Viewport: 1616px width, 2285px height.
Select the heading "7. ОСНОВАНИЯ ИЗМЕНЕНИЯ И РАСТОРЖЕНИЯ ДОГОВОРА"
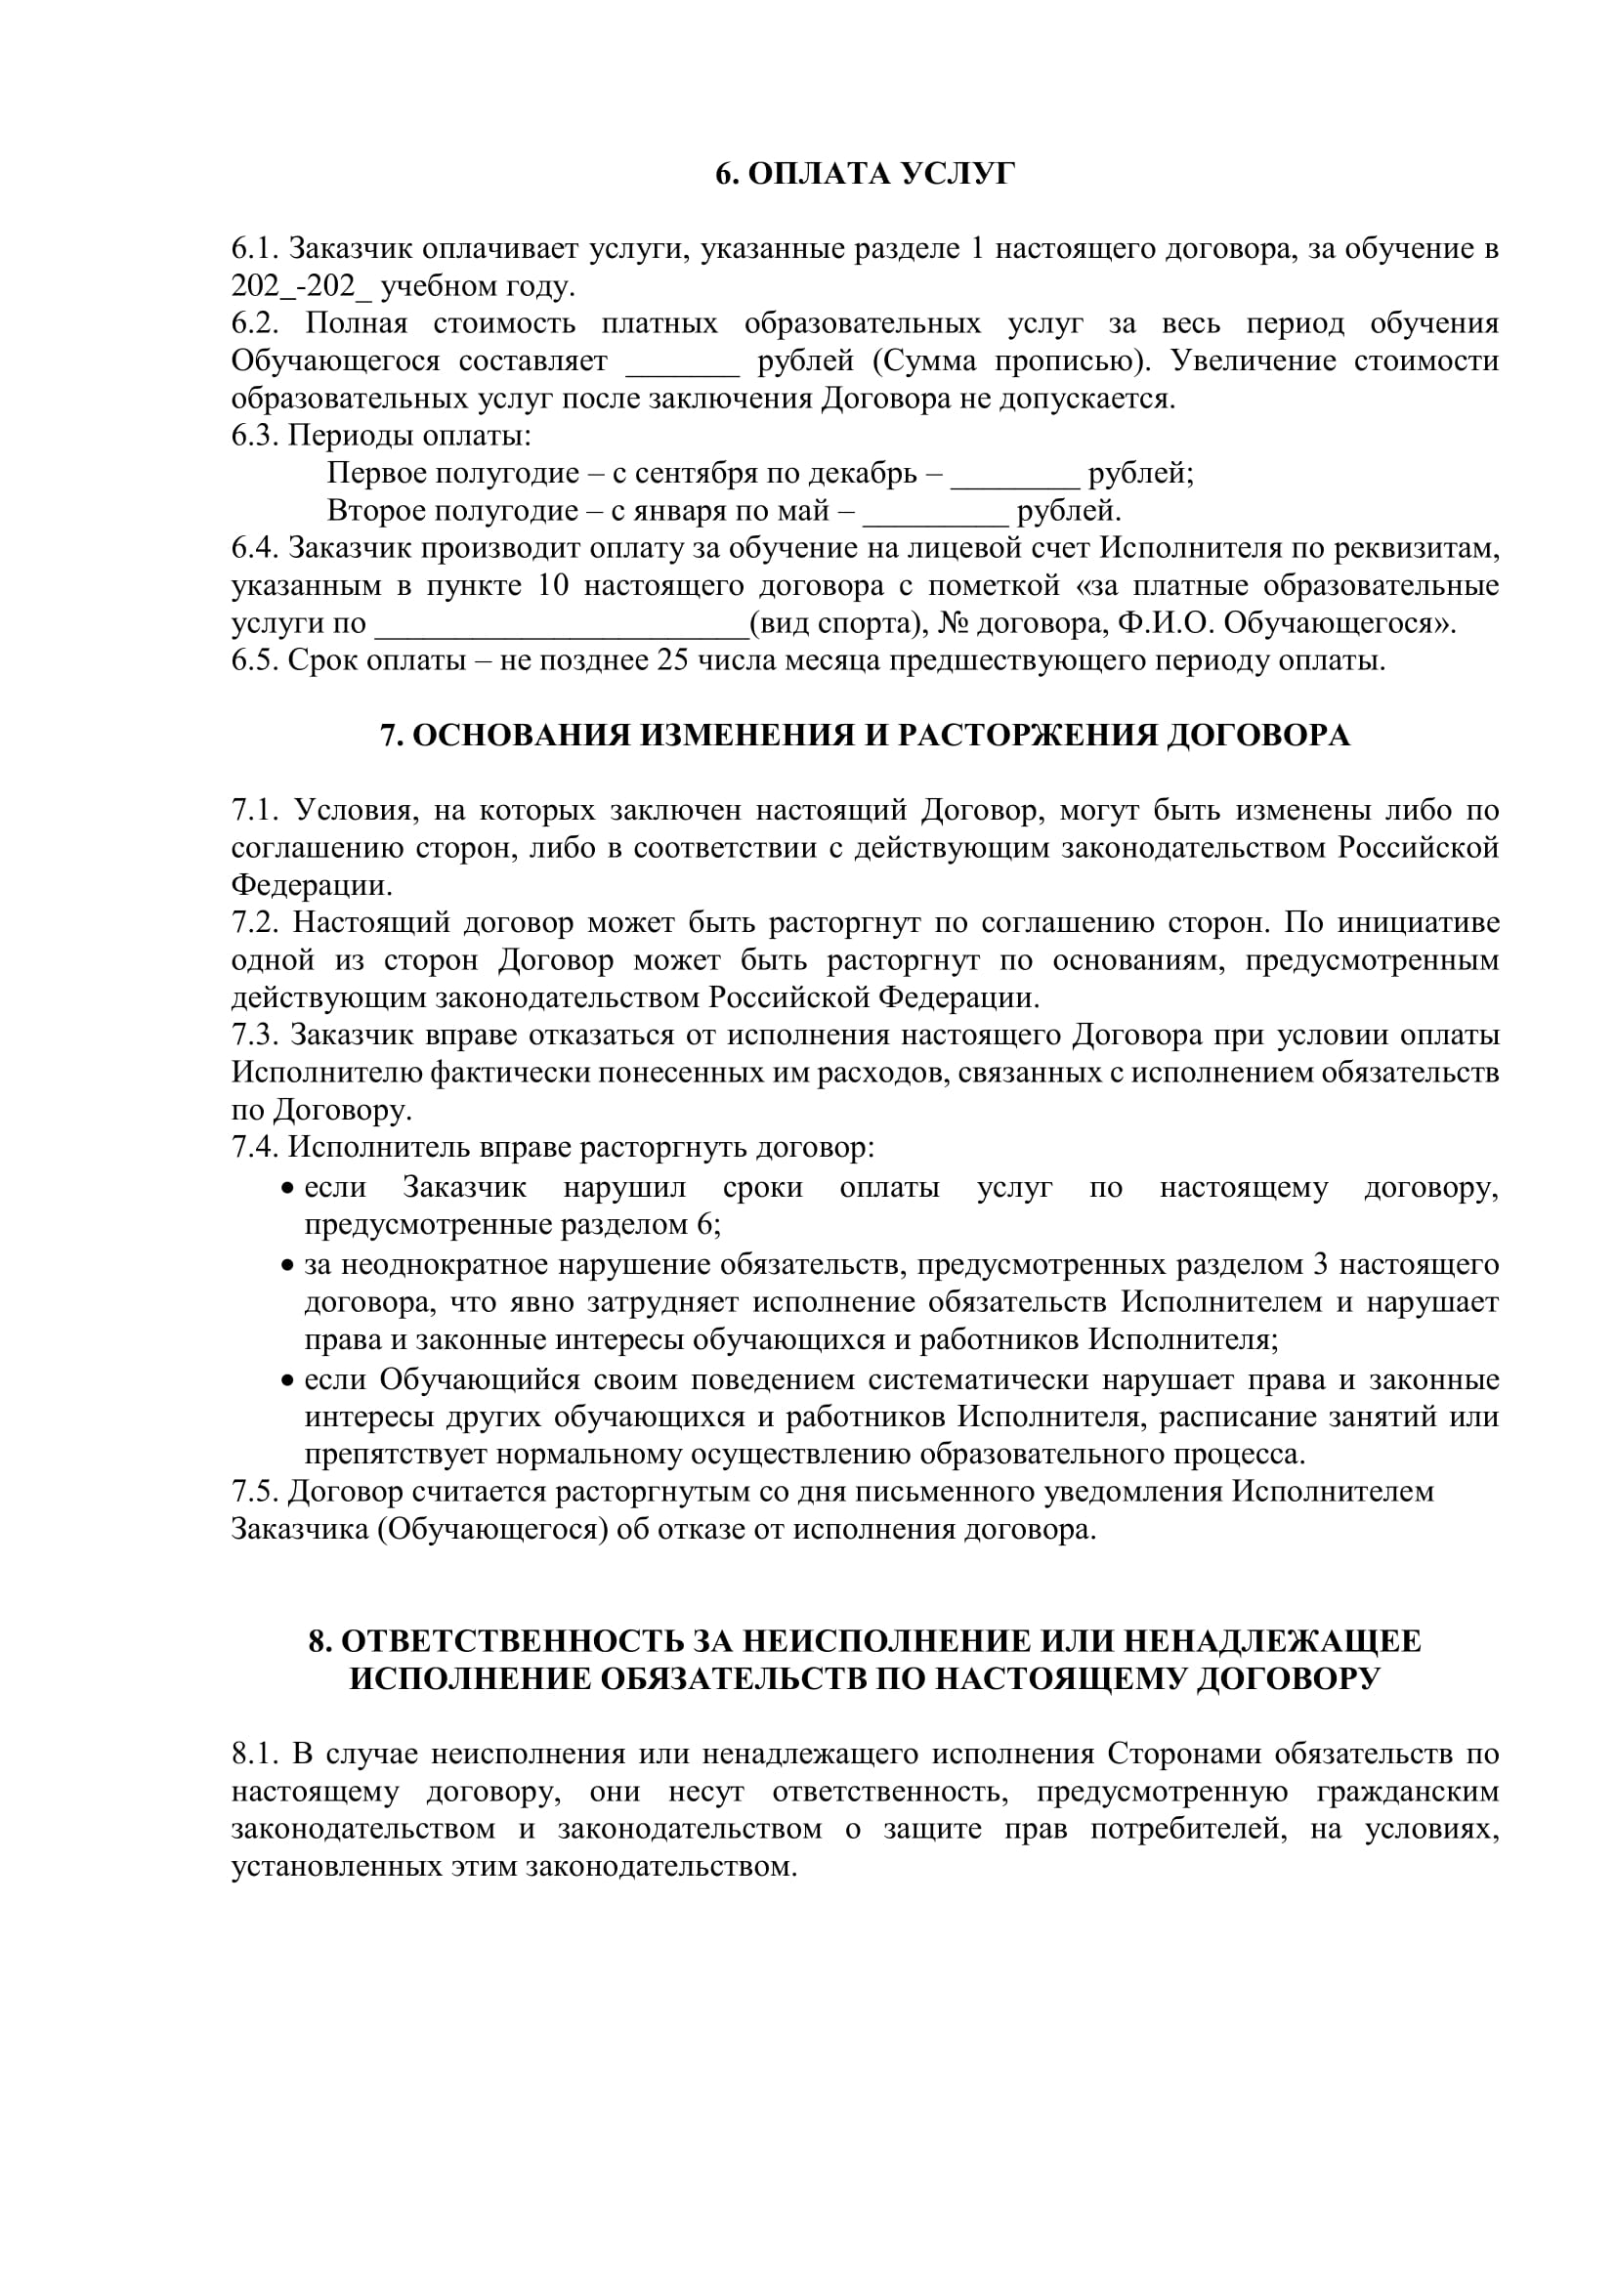pyautogui.click(x=865, y=736)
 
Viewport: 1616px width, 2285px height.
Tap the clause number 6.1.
pyautogui.click(x=254, y=249)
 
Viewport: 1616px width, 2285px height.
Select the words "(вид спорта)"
pyautogui.click(x=831, y=624)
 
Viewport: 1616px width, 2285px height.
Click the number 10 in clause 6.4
pyautogui.click(x=552, y=586)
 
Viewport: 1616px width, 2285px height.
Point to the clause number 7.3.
pyautogui.click(x=254, y=1036)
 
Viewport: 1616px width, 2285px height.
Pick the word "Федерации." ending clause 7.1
pyautogui.click(x=312, y=886)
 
